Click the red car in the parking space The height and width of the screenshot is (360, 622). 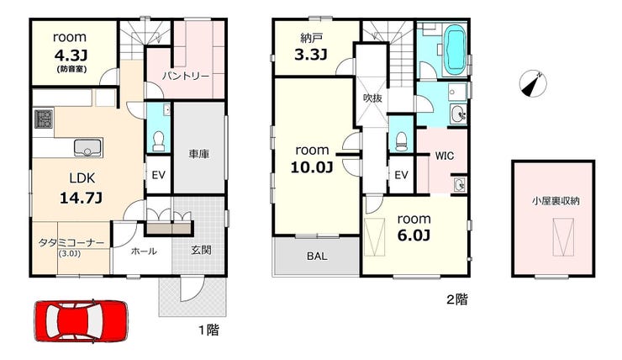point(82,320)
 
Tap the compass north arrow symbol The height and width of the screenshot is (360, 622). point(533,84)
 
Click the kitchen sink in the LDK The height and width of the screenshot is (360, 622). point(87,148)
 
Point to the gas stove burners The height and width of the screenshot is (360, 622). point(43,119)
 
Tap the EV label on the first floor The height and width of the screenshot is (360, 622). point(159,175)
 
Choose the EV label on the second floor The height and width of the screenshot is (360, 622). point(402,175)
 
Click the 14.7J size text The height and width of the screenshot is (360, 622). point(81,198)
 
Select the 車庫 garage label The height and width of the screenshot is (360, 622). point(198,154)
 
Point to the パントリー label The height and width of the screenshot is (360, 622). point(185,76)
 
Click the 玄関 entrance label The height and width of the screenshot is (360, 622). point(201,250)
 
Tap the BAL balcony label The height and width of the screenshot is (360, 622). point(318,256)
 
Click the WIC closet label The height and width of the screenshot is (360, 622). point(445,156)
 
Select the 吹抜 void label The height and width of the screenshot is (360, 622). point(373,98)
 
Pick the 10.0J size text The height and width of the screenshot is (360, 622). point(312,167)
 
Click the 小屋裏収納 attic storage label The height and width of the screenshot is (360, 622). point(556,201)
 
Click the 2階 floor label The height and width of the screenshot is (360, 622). point(457,299)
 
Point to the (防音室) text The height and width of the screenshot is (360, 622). point(71,69)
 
